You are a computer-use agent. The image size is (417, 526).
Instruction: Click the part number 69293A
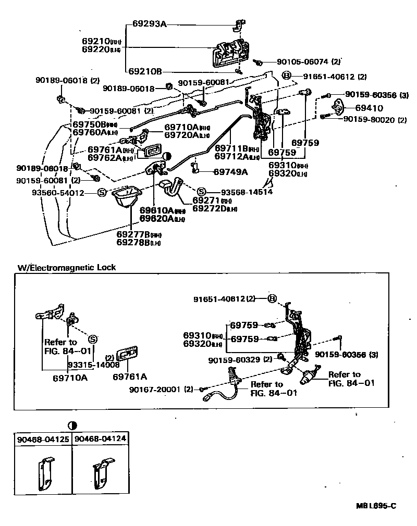pyautogui.click(x=149, y=23)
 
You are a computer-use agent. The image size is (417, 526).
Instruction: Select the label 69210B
pyautogui.click(x=144, y=71)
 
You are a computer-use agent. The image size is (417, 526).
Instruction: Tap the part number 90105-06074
pyautogui.click(x=303, y=61)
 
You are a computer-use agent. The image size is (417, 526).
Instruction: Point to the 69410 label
pyautogui.click(x=369, y=108)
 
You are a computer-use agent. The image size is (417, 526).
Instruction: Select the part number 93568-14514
pyautogui.click(x=239, y=191)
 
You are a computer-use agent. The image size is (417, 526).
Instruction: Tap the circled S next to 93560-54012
pyautogui.click(x=102, y=193)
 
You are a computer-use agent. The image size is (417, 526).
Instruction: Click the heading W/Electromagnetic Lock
pyautogui.click(x=67, y=267)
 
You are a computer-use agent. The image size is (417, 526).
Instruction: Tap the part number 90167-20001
pyautogui.click(x=162, y=389)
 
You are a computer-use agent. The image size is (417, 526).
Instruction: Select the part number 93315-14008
pyautogui.click(x=87, y=365)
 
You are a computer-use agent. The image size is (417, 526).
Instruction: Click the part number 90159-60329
pyautogui.click(x=235, y=359)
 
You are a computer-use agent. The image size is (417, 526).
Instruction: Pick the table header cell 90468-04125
pyautogui.click(x=43, y=439)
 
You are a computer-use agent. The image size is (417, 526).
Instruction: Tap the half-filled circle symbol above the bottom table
pyautogui.click(x=71, y=424)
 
